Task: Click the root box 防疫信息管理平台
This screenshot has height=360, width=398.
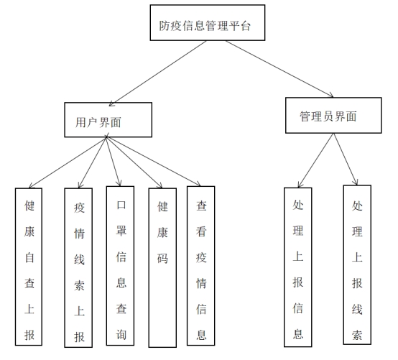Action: point(208,22)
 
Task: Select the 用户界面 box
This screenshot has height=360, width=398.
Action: point(108,120)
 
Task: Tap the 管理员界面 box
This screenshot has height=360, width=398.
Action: point(333,115)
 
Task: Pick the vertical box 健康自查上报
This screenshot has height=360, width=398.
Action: point(29,267)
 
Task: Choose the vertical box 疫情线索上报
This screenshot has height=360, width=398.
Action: point(78,267)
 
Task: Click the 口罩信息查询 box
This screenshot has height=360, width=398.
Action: point(120,266)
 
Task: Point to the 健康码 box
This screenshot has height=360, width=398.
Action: point(162,267)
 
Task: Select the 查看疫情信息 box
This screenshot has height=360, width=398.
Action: point(200,266)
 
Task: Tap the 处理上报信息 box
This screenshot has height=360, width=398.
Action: point(297,267)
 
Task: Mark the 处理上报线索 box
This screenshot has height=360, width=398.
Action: point(357,264)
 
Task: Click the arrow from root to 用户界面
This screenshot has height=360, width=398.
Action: point(157,73)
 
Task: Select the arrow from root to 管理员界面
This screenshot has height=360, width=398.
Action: point(279,69)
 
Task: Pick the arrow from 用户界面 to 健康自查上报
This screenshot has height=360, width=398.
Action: point(68,162)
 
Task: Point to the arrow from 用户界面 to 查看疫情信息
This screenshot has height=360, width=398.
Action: point(154,162)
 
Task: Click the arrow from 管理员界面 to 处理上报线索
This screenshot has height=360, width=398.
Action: point(346,160)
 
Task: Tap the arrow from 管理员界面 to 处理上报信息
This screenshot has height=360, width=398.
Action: point(316,160)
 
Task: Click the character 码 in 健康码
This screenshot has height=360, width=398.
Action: point(162,259)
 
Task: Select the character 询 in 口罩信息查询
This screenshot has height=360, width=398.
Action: point(121,334)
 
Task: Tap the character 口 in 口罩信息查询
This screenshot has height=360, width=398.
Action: point(121,205)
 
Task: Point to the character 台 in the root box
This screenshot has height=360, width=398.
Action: point(245,26)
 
